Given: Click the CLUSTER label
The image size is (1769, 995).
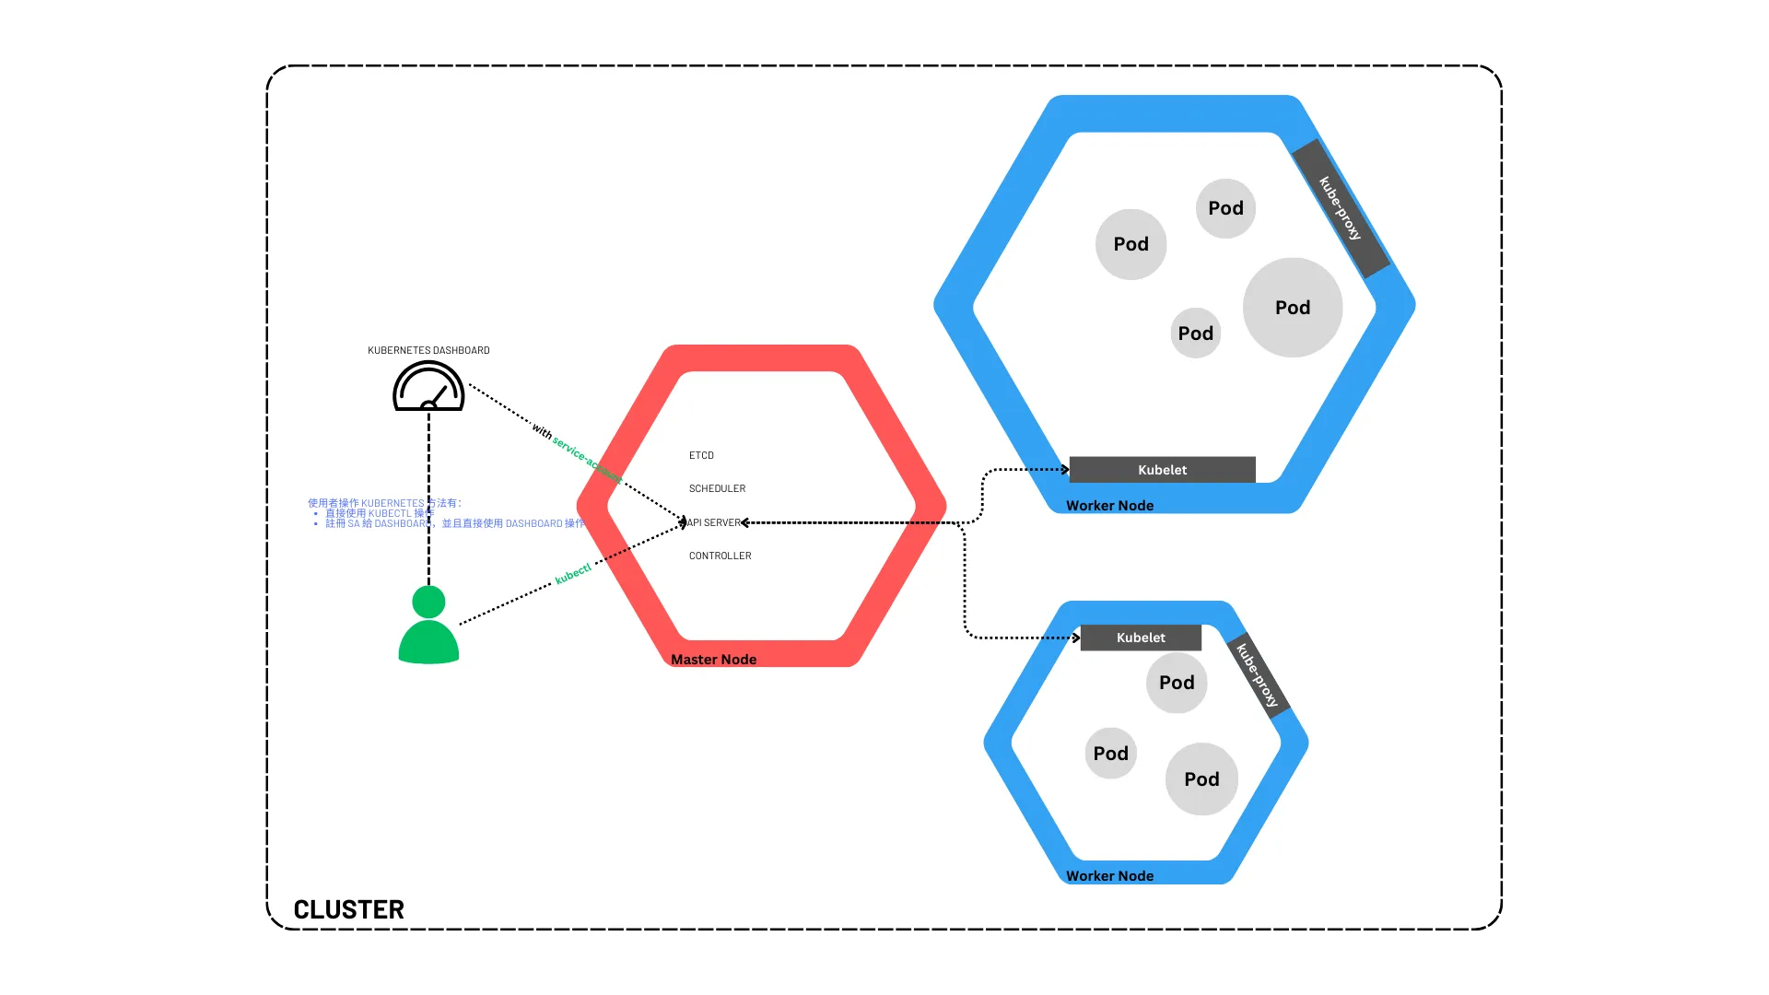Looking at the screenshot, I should click(348, 909).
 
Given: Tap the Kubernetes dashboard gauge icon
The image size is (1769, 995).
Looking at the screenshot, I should click(428, 387).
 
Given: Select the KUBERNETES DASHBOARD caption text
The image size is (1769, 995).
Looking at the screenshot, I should click(428, 350).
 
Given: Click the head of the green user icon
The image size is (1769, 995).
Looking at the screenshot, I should click(428, 602).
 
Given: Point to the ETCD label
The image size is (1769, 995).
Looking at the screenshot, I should click(701, 455).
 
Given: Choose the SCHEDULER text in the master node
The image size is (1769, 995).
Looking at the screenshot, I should click(717, 488).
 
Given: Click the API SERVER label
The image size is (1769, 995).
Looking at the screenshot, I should click(715, 522).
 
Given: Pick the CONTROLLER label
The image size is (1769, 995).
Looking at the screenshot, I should click(720, 556).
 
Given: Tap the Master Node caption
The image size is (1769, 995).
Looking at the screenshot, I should click(713, 660).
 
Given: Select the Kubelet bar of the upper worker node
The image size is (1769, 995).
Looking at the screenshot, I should click(1162, 470).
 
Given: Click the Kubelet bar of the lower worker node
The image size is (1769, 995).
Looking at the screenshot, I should click(1141, 638).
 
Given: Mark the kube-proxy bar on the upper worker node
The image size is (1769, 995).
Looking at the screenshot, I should click(1341, 208).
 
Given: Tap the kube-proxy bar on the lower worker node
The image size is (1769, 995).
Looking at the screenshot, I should click(1258, 675).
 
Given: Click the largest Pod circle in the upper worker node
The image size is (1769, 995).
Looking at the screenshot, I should click(1292, 308).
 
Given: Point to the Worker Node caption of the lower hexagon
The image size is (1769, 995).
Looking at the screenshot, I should click(1109, 876).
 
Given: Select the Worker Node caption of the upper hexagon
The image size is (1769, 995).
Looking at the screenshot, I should click(1109, 506).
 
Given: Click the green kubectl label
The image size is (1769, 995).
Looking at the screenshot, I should click(572, 574).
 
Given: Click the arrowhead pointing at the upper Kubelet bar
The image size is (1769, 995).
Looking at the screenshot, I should click(1065, 470).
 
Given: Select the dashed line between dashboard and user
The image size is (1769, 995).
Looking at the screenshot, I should click(428, 497).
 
